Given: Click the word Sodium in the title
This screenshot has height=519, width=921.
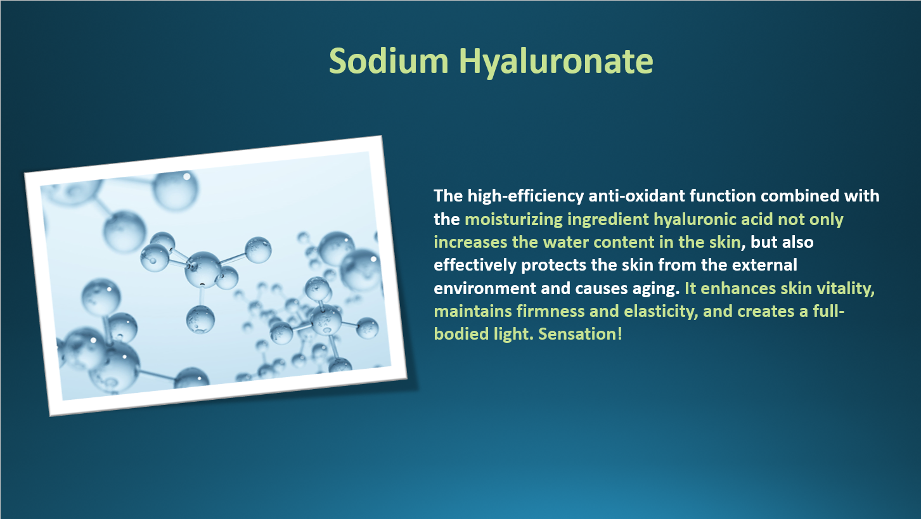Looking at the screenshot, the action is click(389, 61).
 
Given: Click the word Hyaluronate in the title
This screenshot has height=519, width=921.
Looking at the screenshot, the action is click(556, 63).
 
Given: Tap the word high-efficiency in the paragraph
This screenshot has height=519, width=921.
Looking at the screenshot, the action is click(525, 196).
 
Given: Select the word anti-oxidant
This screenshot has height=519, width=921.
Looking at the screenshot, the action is click(636, 196).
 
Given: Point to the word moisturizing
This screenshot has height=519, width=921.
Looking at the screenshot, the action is click(513, 219).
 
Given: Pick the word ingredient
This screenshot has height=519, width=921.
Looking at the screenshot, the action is click(608, 219).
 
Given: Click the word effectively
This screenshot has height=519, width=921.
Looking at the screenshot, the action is click(475, 266).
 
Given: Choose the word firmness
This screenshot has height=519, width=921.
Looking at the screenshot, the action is click(551, 311).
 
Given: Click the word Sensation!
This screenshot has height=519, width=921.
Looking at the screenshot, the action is click(580, 334).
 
